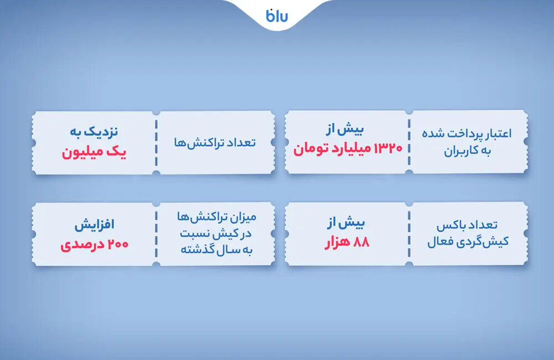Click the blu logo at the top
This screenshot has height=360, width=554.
[277, 16]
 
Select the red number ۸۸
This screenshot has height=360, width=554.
[362, 242]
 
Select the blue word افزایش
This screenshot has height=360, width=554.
[94, 225]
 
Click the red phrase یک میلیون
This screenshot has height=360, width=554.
[94, 153]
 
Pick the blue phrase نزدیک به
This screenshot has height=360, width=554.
[94, 133]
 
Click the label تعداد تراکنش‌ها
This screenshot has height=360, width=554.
[215, 142]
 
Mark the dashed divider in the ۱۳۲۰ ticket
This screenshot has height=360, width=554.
[409, 142]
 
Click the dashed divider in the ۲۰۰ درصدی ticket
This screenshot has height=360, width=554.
[156, 234]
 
